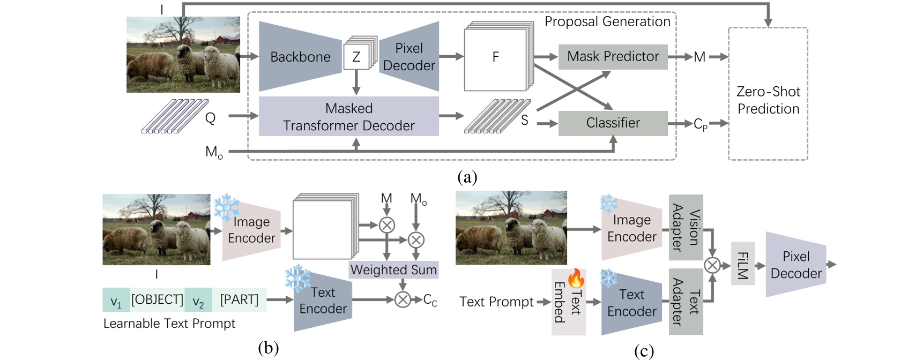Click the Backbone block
click(300, 57)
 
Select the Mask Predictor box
click(613, 57)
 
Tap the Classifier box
click(613, 123)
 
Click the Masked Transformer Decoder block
click(348, 117)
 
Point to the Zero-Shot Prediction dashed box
click(768, 100)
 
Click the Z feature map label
click(356, 57)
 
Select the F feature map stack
click(496, 57)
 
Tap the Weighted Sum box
click(393, 270)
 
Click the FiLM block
click(742, 265)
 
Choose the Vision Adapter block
click(686, 228)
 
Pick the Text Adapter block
click(686, 302)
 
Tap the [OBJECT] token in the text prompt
click(157, 300)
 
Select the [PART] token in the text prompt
click(239, 300)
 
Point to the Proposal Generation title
click(607, 21)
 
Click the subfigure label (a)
click(467, 177)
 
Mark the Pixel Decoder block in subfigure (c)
click(795, 265)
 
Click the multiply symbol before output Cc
click(403, 300)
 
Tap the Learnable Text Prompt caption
click(169, 324)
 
